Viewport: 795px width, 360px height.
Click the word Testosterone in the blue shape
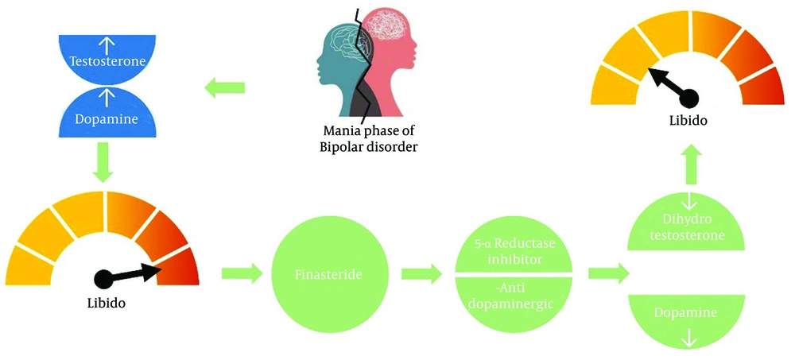coord(107,62)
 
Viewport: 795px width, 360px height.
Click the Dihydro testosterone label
coord(686,227)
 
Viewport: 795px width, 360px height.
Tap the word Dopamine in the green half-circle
coord(685,313)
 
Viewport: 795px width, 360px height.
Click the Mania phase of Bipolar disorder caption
coord(369,139)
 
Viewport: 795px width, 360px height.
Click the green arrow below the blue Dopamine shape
coord(103,162)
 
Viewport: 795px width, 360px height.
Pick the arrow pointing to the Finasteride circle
coord(242,274)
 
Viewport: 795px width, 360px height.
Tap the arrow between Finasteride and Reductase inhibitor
coord(421,274)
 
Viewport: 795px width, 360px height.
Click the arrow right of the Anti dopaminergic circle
coord(608,274)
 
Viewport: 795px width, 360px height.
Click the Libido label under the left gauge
coord(106,304)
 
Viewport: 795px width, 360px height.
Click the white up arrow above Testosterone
coord(107,46)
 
